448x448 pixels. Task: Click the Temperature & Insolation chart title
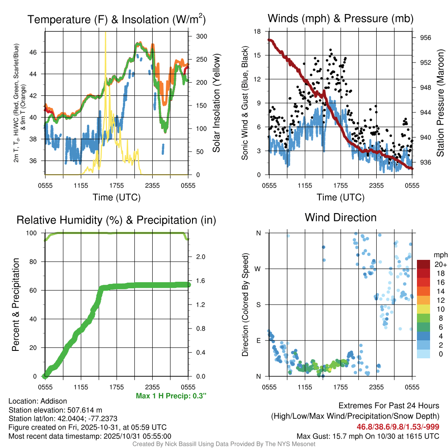pyautogui.click(x=116, y=20)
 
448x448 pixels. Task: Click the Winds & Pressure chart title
pyautogui.click(x=340, y=19)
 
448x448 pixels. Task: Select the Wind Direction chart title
pyautogui.click(x=340, y=217)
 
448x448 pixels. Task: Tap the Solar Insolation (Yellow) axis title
pyautogui.click(x=216, y=103)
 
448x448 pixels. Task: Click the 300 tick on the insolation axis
pyautogui.click(x=201, y=36)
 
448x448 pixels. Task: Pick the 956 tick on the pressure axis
pyautogui.click(x=426, y=38)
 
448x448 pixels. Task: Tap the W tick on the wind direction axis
pyautogui.click(x=259, y=269)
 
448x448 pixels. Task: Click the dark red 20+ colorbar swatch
pyautogui.click(x=423, y=264)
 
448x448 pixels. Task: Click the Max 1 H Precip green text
pyautogui.click(x=171, y=396)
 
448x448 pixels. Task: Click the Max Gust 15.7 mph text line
pyautogui.click(x=368, y=436)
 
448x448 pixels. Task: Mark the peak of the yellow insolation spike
pyautogui.click(x=105, y=32)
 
